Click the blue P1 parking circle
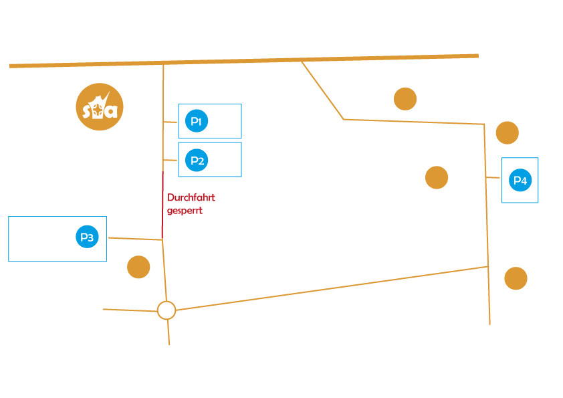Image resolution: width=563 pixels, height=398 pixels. point(197,120)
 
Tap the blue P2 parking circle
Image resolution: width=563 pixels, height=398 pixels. point(197,161)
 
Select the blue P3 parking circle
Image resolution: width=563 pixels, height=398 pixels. point(87,237)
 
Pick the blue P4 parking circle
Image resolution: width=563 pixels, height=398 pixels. point(520,180)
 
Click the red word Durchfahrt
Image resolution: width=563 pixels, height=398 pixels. point(191,197)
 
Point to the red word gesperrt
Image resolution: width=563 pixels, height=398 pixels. point(185,211)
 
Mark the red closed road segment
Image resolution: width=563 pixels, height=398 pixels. point(162,205)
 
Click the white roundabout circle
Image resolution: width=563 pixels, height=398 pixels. point(166,310)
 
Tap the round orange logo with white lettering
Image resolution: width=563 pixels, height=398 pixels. point(100,106)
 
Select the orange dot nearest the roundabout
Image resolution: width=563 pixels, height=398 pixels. point(138,267)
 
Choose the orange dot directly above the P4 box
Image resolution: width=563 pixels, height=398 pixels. point(508,133)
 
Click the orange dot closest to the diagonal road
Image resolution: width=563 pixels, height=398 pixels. point(405,99)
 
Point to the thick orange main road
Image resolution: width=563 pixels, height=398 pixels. point(244,61)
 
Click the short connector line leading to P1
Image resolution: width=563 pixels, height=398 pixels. point(171,122)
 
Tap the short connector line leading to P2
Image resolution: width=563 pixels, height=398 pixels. point(171,160)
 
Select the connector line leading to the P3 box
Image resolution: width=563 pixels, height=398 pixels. point(135,239)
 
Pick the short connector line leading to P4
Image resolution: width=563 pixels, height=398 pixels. point(493,177)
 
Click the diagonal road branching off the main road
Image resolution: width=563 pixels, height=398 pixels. point(322,90)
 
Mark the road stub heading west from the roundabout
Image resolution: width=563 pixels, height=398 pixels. point(130,310)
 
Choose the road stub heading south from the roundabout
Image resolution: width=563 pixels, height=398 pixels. point(168,332)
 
